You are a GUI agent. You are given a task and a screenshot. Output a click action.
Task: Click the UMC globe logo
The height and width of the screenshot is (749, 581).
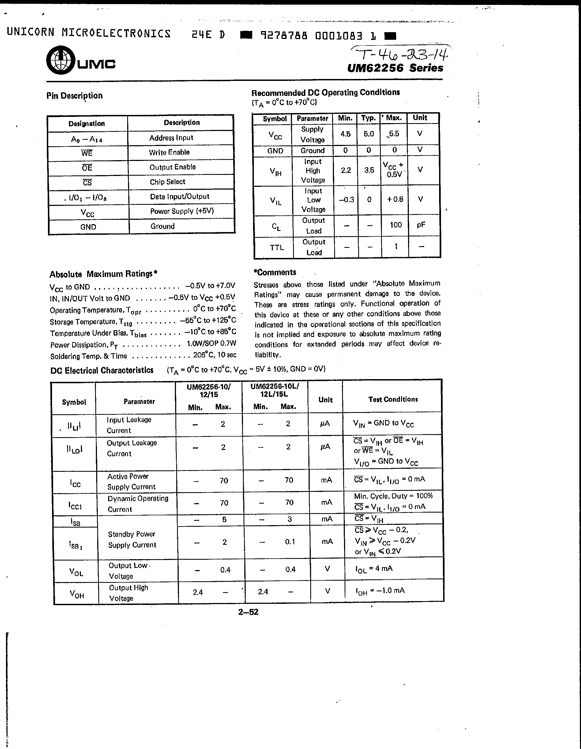61,60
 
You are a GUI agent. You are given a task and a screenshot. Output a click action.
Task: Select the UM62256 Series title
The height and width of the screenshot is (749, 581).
395,68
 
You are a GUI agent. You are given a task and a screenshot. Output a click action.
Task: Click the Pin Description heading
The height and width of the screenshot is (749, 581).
74,96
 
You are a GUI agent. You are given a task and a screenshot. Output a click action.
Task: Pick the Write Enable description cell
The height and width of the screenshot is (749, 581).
169,152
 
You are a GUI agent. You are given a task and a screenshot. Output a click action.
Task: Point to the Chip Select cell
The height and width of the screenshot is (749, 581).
167,182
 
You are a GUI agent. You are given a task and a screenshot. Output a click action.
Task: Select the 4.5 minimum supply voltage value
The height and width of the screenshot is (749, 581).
345,134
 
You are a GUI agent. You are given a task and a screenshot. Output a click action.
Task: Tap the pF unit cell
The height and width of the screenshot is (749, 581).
421,225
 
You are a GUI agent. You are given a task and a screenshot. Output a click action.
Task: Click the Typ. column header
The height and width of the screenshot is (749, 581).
368,118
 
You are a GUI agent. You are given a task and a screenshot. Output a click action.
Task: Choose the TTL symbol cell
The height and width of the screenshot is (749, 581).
276,247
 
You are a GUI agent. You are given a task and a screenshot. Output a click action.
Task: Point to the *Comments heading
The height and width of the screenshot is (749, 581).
275,272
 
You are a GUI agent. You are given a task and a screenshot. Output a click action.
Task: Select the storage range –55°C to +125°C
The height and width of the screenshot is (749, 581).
208,320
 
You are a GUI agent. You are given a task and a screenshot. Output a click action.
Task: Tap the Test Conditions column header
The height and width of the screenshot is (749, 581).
393,399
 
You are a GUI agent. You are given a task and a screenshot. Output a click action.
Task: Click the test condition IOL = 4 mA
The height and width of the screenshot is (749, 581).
374,569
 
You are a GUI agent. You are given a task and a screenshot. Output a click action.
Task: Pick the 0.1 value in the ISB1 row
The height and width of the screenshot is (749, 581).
290,541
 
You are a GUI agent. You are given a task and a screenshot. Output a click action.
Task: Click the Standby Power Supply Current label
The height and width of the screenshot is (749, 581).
132,540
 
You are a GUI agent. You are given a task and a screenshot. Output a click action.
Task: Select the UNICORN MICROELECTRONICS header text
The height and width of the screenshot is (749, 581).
89,33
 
